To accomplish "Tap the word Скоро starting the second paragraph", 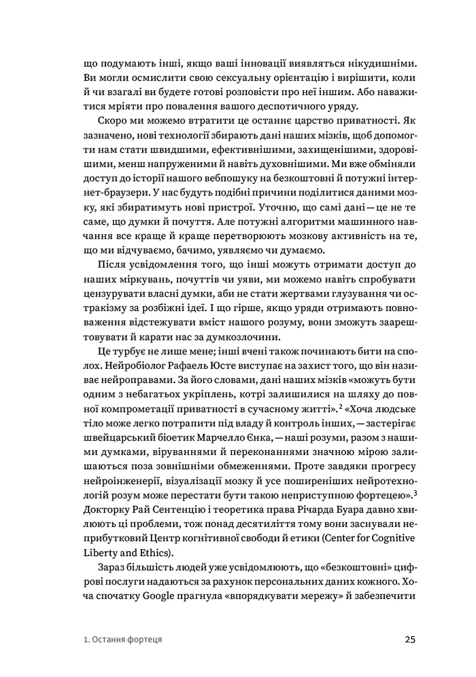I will pos(111,124).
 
